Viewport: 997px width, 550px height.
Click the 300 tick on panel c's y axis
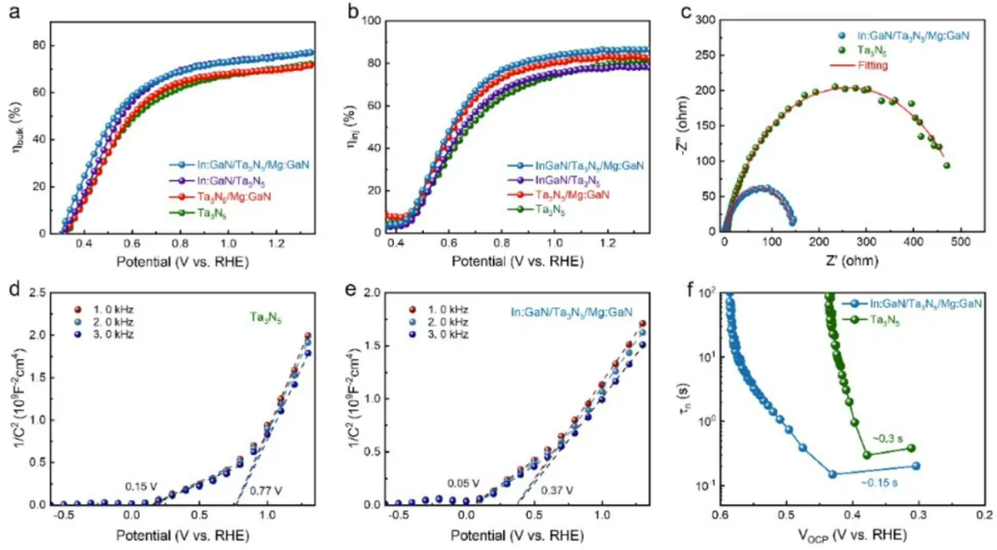[707, 19]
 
